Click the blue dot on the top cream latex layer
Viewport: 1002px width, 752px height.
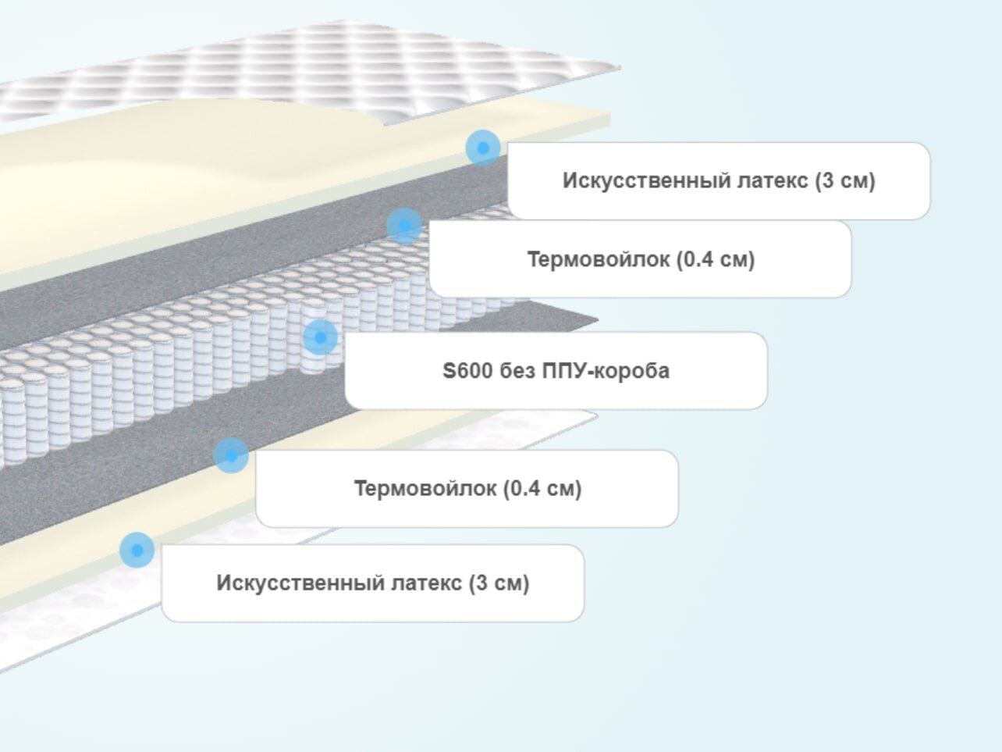483,147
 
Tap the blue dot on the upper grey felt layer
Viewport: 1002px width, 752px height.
404,226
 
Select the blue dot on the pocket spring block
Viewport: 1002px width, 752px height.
320,337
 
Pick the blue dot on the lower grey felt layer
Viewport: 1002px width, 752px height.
231,455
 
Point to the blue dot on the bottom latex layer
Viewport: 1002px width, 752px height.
137,551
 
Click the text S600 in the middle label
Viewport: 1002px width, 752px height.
467,370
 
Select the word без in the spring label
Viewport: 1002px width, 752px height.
517,370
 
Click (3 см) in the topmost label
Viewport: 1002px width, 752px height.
845,181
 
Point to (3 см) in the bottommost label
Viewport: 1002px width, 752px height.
499,583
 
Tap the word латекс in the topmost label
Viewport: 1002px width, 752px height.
773,181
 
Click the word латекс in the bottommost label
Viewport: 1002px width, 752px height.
427,583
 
